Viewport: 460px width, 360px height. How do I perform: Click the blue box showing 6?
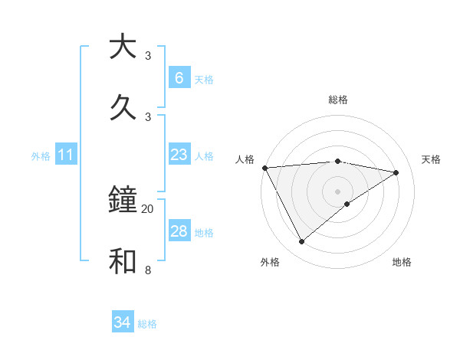tap(179, 78)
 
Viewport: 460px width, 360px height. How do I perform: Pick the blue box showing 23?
tap(179, 155)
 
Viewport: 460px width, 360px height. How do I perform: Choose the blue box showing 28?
tap(179, 231)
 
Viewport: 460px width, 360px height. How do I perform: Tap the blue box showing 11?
tap(65, 155)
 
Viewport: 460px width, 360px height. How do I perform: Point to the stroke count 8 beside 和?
tap(148, 270)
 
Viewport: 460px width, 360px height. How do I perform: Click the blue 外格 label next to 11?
tap(41, 156)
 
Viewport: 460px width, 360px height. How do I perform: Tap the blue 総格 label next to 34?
tap(147, 323)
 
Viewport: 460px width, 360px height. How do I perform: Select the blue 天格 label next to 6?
tap(204, 79)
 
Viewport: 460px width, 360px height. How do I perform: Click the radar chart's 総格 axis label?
tap(337, 100)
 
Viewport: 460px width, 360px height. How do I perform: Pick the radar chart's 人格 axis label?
tap(245, 159)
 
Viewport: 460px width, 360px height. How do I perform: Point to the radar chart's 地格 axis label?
tap(402, 262)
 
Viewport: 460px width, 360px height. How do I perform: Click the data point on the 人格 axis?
tap(264, 168)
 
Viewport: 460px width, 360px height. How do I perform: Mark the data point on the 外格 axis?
tap(301, 242)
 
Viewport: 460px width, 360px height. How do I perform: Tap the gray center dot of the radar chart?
tap(337, 191)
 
